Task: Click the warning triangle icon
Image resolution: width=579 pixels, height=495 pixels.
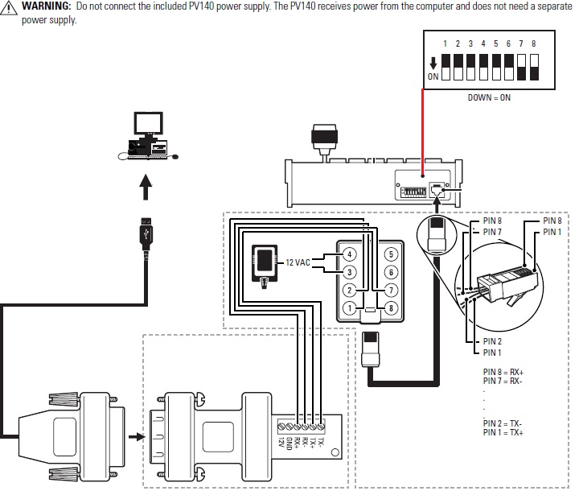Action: (x=8, y=7)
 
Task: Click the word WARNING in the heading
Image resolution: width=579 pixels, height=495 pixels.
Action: (x=46, y=6)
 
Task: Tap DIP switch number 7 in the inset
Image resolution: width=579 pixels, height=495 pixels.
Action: (x=521, y=68)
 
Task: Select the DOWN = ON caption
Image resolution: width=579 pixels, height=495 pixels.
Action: (x=489, y=97)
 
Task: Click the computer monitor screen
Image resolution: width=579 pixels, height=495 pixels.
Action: (x=149, y=123)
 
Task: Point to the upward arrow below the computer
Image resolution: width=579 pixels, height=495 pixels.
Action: (x=146, y=187)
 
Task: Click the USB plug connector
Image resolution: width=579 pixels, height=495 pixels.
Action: (x=146, y=233)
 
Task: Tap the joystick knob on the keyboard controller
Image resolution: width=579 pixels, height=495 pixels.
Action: (x=324, y=136)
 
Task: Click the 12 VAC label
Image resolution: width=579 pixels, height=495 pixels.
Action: (x=298, y=262)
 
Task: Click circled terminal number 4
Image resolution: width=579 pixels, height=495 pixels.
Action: (x=349, y=254)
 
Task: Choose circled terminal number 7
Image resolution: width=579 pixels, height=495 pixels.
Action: (x=391, y=291)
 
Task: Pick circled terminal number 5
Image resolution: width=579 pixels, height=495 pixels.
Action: (x=391, y=254)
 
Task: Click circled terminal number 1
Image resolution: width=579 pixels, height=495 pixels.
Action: (x=349, y=308)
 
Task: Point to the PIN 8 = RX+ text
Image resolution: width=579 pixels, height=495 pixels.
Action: (x=503, y=372)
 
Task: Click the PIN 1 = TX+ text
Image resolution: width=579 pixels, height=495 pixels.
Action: (x=503, y=432)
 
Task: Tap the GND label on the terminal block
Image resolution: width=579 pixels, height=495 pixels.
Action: (x=289, y=443)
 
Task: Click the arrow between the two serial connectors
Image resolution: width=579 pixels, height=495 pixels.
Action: (x=137, y=437)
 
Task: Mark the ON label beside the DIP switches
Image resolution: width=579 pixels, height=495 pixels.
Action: (x=433, y=76)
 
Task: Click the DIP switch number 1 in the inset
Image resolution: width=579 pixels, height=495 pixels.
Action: (x=446, y=68)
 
